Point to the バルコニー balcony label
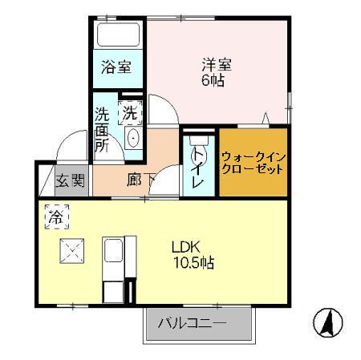tap(192, 324)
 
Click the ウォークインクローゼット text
tap(252, 163)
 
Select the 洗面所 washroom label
tap(103, 128)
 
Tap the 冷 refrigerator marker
tap(55, 216)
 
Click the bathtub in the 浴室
tap(117, 36)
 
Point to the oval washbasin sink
tap(132, 138)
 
